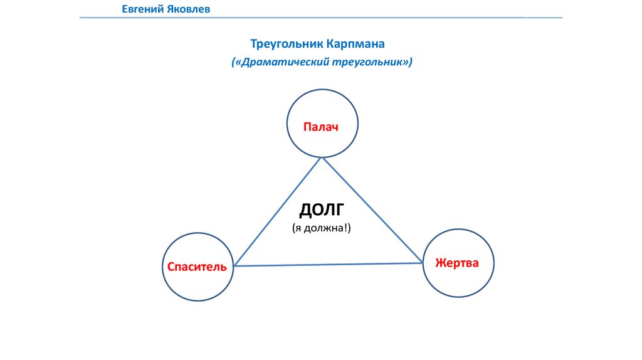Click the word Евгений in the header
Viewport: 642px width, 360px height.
point(142,9)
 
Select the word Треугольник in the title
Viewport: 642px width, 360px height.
point(286,45)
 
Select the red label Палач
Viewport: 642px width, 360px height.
point(321,127)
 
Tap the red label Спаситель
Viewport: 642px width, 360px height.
point(197,267)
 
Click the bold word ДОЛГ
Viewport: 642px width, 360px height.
point(322,209)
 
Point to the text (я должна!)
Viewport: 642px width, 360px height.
point(321,228)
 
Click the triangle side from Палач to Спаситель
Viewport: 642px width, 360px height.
point(278,211)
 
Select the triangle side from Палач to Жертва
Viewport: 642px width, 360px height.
point(372,210)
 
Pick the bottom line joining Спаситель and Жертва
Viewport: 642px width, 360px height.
point(327,265)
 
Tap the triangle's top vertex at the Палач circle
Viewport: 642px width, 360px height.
point(322,157)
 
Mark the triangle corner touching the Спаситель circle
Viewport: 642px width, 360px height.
point(234,266)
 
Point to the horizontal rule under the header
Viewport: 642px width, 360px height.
point(321,18)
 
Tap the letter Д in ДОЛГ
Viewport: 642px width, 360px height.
point(305,210)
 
